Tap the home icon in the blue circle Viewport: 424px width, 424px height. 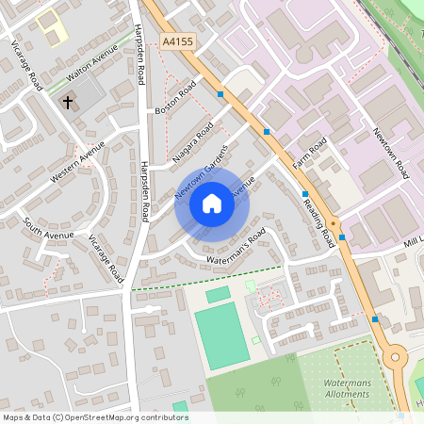(211, 203)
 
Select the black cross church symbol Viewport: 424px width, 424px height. (68, 100)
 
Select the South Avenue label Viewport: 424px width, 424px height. (43, 226)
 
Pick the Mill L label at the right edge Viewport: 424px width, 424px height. (413, 242)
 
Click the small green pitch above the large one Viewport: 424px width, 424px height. (218, 295)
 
